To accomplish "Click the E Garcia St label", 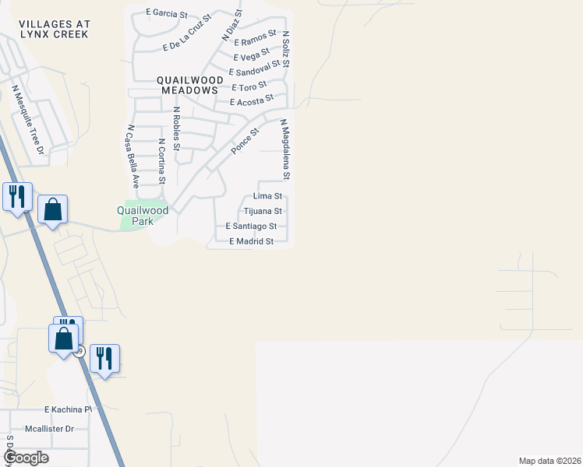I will coord(167,13).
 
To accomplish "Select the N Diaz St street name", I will coord(231,25).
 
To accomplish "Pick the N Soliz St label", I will coord(286,49).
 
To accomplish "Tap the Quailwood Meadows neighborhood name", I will coord(188,85).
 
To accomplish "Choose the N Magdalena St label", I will coord(285,149).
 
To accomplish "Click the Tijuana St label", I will coord(263,211).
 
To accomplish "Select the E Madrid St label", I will coord(251,241).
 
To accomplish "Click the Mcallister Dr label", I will coord(48,428).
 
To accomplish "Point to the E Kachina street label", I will coord(68,409).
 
